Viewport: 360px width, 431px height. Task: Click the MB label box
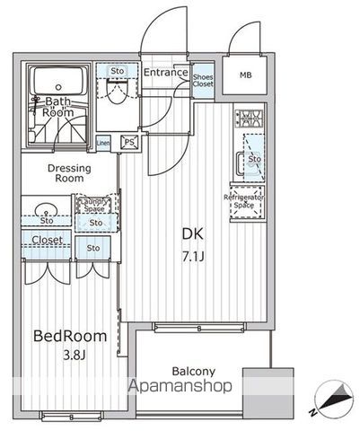pos(245,76)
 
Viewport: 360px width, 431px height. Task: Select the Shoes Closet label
pos(202,82)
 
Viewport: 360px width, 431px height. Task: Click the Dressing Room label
pos(67,172)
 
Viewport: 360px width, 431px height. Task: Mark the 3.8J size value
pos(69,357)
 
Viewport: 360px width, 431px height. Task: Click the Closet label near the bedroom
pos(47,240)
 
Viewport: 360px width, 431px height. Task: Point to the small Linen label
pos(103,143)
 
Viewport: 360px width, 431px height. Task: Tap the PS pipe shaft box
pos(129,142)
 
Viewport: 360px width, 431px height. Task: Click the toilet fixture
pos(114,93)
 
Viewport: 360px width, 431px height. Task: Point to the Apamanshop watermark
pos(180,386)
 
